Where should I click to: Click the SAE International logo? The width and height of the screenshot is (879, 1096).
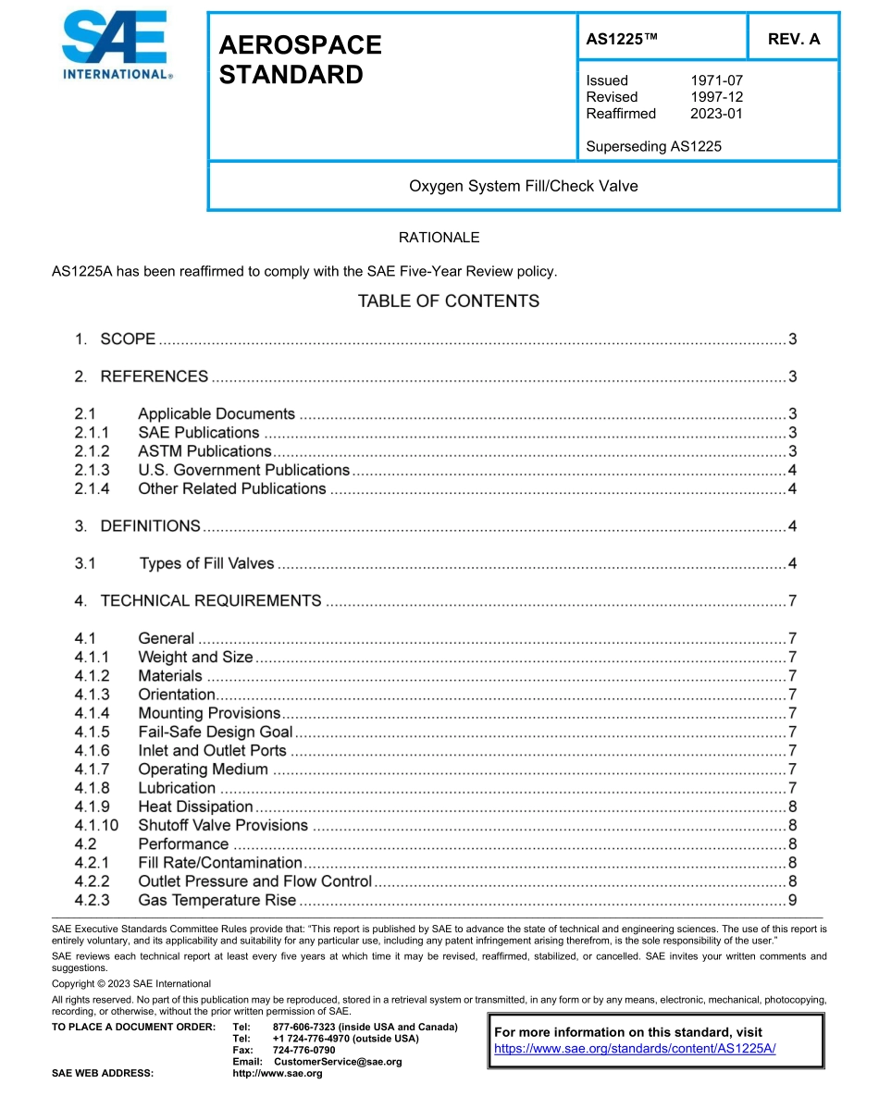tap(116, 46)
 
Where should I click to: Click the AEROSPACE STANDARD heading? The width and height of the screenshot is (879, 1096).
tap(299, 60)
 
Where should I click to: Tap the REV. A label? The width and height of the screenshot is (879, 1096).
tap(793, 40)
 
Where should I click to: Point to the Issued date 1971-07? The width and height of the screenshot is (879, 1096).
tap(716, 80)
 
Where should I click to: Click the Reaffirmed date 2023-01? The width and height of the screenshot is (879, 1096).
tap(716, 114)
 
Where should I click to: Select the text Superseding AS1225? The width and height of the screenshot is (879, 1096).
tap(653, 146)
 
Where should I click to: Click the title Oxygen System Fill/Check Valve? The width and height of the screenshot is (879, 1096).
tap(523, 186)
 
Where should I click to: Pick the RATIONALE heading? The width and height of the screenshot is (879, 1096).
tap(439, 238)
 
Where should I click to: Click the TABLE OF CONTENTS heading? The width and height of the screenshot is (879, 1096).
tap(448, 302)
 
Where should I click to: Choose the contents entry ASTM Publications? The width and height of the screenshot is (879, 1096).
tap(204, 451)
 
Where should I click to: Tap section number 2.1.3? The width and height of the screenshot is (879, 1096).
tap(92, 470)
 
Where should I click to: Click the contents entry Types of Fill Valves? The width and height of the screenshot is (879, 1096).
tap(206, 563)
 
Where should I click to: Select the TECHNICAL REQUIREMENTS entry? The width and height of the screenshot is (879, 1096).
tap(211, 601)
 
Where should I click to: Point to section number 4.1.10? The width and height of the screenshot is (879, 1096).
tap(96, 826)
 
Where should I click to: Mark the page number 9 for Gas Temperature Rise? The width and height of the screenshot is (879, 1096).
tap(792, 901)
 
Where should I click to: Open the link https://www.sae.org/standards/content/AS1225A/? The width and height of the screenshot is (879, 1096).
tap(635, 1048)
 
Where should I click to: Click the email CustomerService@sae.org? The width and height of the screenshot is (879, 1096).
tap(338, 1062)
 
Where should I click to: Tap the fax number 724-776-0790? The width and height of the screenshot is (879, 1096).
tap(304, 1051)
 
